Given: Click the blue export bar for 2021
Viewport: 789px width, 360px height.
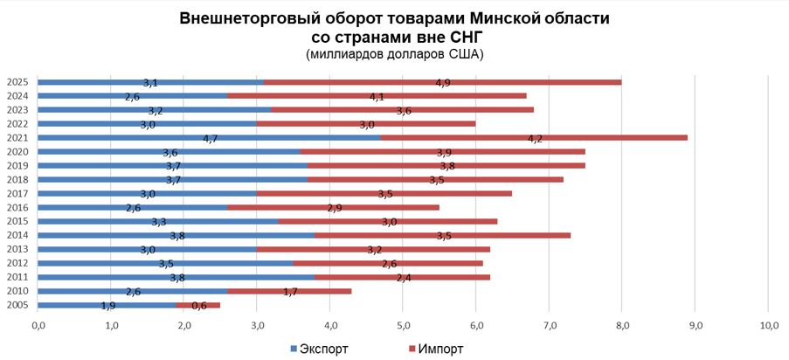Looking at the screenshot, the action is (x=210, y=137).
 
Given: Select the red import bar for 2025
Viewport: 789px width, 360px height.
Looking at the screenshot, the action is (x=443, y=82).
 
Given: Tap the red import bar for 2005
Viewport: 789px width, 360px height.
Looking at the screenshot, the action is (x=198, y=305).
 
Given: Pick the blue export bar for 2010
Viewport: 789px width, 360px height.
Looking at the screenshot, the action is (x=132, y=291).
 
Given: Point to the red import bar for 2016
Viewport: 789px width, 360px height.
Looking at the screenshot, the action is (x=333, y=207).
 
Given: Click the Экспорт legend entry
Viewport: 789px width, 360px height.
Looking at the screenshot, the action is (x=319, y=349).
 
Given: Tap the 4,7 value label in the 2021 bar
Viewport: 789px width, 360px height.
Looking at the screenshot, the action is (x=210, y=138).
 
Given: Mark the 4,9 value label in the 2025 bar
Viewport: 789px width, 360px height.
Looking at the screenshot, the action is (x=443, y=83).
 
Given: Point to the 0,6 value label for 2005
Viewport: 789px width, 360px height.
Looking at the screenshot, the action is (x=198, y=305).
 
